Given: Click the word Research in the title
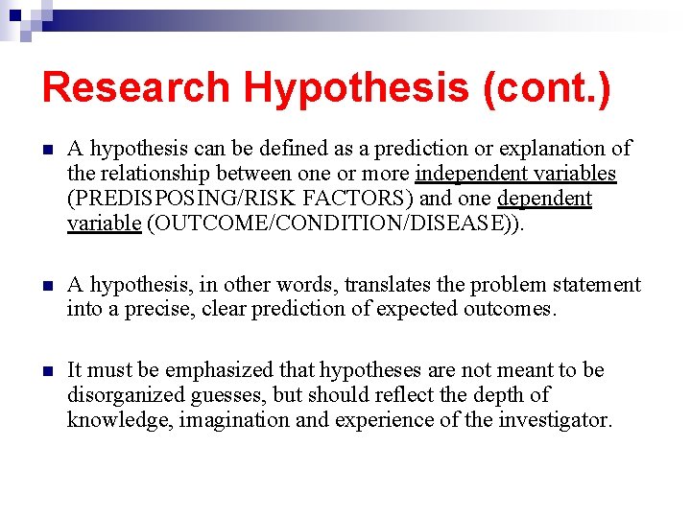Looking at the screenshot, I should click(x=135, y=87).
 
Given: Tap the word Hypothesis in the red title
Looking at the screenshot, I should click(x=356, y=87).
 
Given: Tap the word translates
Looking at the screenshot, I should click(x=394, y=285).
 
